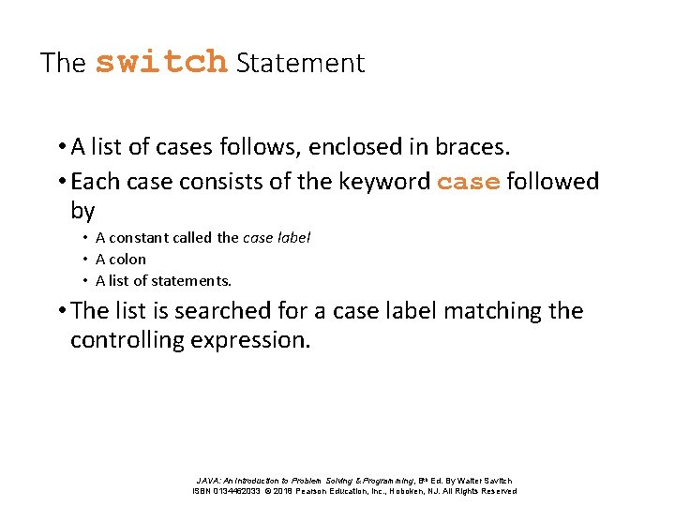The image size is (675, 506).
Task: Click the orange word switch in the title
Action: point(161,63)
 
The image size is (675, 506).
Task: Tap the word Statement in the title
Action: point(300,64)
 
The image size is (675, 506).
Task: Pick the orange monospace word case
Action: point(468,182)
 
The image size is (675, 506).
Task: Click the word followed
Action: point(552,181)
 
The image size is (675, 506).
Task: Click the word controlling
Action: point(127,339)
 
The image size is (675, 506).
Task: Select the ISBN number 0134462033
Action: point(240,491)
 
